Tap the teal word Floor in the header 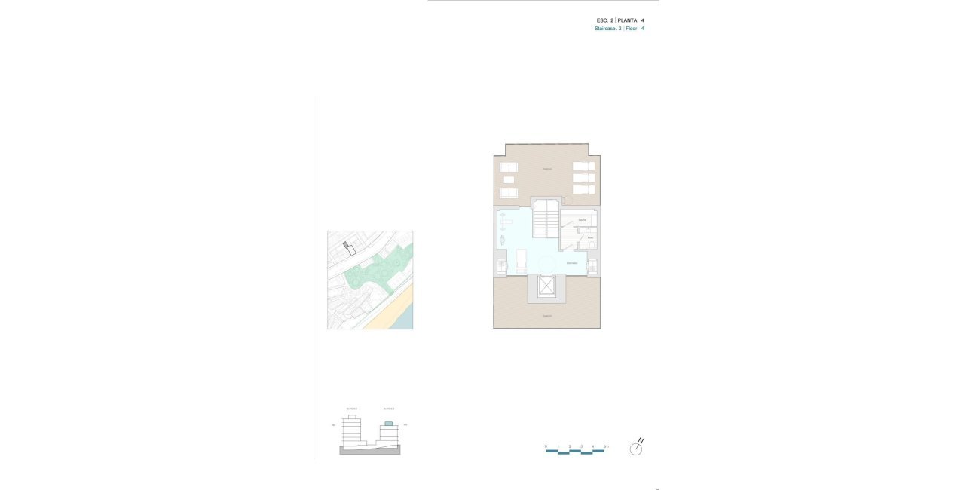(632, 29)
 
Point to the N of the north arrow (641, 439)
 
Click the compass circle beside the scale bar (637, 449)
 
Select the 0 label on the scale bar (546, 446)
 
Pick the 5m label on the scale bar (605, 446)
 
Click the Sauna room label (582, 219)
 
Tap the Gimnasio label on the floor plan (572, 262)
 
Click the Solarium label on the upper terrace (547, 169)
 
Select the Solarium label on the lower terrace (547, 316)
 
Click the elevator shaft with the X (546, 286)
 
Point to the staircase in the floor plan (546, 222)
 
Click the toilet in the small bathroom (592, 244)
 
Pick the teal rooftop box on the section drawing (389, 424)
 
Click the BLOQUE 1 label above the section (351, 409)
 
